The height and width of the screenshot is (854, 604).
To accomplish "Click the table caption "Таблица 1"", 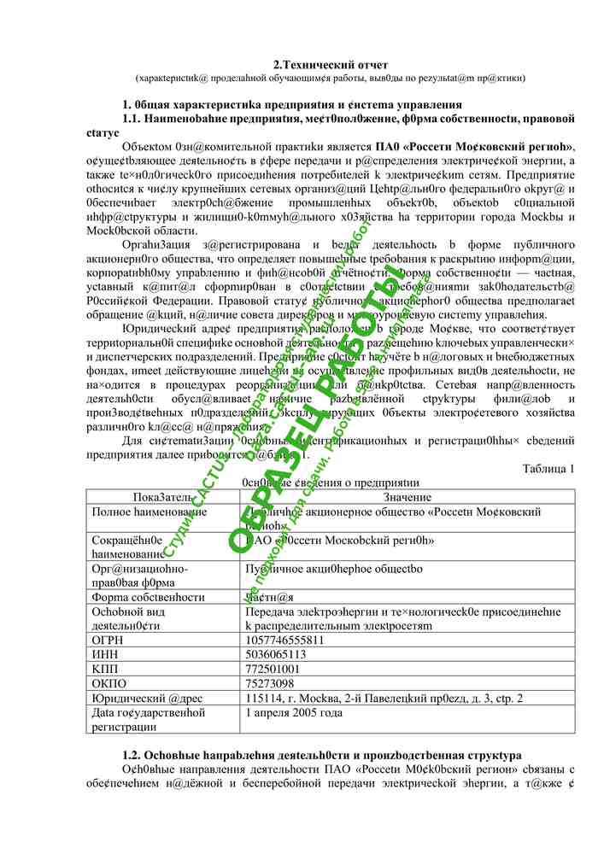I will pos(548,468).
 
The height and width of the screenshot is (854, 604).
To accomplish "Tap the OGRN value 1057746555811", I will pos(284,640).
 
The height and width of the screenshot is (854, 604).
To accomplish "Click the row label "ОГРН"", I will pos(109,640).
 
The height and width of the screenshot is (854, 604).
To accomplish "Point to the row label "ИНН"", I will pos(106,654).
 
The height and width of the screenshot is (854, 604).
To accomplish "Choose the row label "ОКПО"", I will pos(109,683).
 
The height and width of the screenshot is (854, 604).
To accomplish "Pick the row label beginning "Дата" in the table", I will pos(149,719).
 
